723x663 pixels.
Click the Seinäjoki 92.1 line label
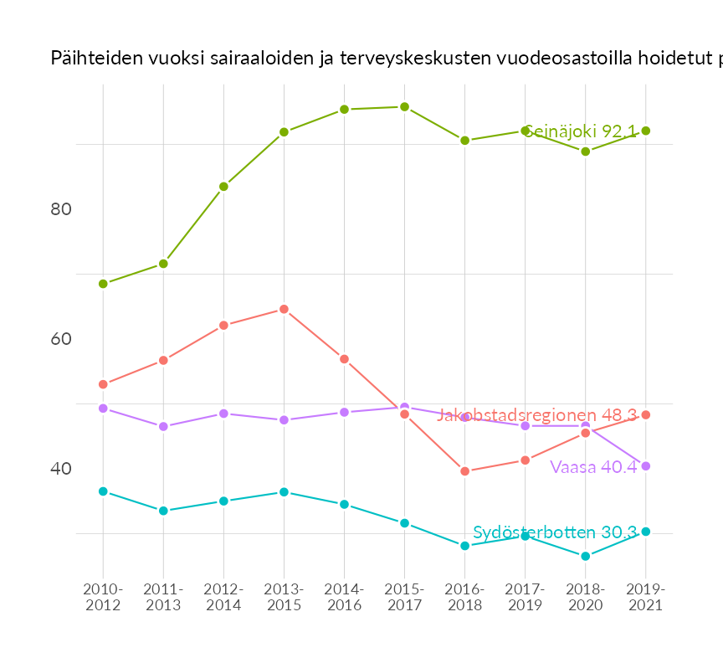click(579, 131)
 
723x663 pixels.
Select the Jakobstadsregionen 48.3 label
click(536, 415)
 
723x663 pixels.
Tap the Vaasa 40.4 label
click(593, 467)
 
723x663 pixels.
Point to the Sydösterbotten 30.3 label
click(555, 532)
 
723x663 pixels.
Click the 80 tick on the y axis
click(60, 209)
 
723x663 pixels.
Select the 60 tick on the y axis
click(60, 339)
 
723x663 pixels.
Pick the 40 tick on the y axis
click(60, 469)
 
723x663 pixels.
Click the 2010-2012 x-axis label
click(103, 597)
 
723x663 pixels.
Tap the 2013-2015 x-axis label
click(284, 597)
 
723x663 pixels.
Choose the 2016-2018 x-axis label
click(464, 597)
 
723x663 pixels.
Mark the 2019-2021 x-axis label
click(645, 597)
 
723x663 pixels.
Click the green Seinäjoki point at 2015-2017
click(404, 107)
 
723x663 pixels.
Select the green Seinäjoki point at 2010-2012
click(103, 284)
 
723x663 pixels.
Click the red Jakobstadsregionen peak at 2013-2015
click(284, 309)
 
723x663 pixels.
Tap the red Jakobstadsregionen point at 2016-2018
click(464, 471)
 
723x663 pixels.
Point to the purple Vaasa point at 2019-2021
click(645, 466)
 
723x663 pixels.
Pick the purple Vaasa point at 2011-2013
click(163, 426)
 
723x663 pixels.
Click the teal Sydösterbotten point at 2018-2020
click(585, 556)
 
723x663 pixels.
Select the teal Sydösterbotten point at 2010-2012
click(103, 491)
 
